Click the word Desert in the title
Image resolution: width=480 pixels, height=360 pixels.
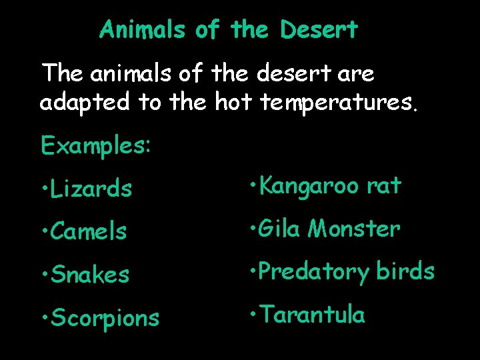319,29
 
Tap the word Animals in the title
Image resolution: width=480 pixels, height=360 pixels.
143,29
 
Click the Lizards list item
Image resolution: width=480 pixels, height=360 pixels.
91,189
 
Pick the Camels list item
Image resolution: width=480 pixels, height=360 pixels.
88,231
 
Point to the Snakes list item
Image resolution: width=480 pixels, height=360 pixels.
90,275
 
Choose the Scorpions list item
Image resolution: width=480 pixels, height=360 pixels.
105,318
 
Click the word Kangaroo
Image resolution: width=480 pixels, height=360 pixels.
309,186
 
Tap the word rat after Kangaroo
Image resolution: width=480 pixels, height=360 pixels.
385,186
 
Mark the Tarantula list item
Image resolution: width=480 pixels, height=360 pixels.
313,315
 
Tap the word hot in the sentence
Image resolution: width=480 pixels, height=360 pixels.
231,103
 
